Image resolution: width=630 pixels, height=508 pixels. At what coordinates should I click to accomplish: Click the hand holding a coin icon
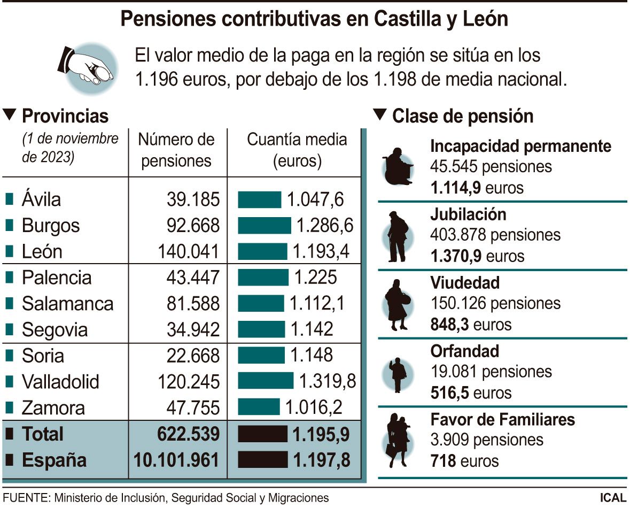coord(87,67)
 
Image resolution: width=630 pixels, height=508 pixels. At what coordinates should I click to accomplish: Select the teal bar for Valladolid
coord(266,381)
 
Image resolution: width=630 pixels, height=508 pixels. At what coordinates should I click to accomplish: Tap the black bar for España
coord(262,460)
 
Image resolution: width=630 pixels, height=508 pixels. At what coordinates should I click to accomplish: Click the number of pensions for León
coord(189,251)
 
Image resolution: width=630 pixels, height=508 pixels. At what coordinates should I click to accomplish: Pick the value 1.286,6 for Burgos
coord(325,225)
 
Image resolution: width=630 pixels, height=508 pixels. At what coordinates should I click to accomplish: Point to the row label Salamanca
coord(67,304)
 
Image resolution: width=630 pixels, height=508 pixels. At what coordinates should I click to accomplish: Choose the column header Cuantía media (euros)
coord(297,150)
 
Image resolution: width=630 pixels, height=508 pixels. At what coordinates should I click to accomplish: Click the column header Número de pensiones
coord(176,150)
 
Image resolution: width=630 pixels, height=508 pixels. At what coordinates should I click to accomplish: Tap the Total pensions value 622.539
coord(189,434)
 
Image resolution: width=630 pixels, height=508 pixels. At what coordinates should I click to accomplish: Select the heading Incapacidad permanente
coord(520,145)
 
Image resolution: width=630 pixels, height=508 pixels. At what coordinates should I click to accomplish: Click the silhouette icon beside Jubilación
coord(398,236)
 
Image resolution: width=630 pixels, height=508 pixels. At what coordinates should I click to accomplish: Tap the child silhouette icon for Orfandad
coord(398,373)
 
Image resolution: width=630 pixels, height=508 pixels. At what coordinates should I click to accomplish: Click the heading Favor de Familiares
coord(502,419)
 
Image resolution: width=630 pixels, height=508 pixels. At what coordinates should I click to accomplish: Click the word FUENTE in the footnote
coord(25,497)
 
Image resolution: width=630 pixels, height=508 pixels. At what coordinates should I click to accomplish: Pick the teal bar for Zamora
coord(259,407)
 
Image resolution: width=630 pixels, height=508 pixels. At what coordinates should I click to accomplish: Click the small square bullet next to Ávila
coord(9,199)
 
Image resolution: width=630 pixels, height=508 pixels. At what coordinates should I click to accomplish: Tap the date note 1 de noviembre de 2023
coord(70,148)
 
